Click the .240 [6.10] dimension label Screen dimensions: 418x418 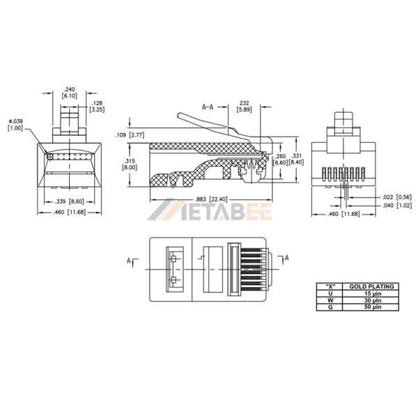69,93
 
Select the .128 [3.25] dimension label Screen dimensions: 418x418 98,106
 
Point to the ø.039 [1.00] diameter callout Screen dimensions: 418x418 15,125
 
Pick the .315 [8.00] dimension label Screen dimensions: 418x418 130,164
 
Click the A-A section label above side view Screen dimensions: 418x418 208,107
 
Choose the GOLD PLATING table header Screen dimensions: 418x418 371,286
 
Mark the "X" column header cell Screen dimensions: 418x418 327,286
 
